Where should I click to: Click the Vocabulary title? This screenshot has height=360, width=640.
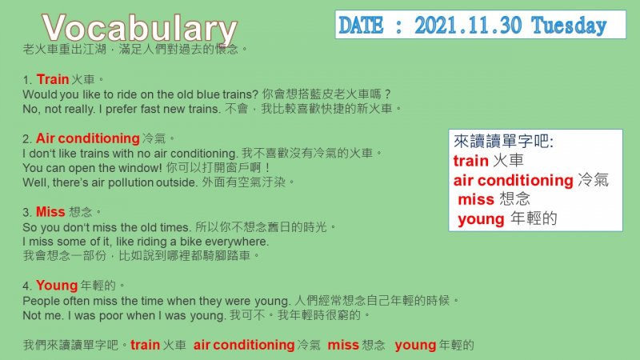pyautogui.click(x=139, y=28)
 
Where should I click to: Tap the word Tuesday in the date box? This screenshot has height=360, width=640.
pyautogui.click(x=569, y=26)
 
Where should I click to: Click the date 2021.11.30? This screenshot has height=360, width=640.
pyautogui.click(x=468, y=26)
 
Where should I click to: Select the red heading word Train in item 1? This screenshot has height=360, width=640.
pyautogui.click(x=53, y=79)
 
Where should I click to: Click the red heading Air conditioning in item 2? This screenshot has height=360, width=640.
pyautogui.click(x=88, y=138)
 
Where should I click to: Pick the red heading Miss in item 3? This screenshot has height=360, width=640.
pyautogui.click(x=50, y=212)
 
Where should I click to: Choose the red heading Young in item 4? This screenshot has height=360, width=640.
pyautogui.click(x=57, y=286)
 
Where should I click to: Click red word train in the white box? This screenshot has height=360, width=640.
pyautogui.click(x=471, y=161)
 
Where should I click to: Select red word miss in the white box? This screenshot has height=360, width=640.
pyautogui.click(x=476, y=199)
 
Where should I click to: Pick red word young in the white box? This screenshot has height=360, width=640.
pyautogui.click(x=482, y=219)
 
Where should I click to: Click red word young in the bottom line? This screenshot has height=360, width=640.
pyautogui.click(x=415, y=346)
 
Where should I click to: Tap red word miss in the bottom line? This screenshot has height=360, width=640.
pyautogui.click(x=343, y=345)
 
